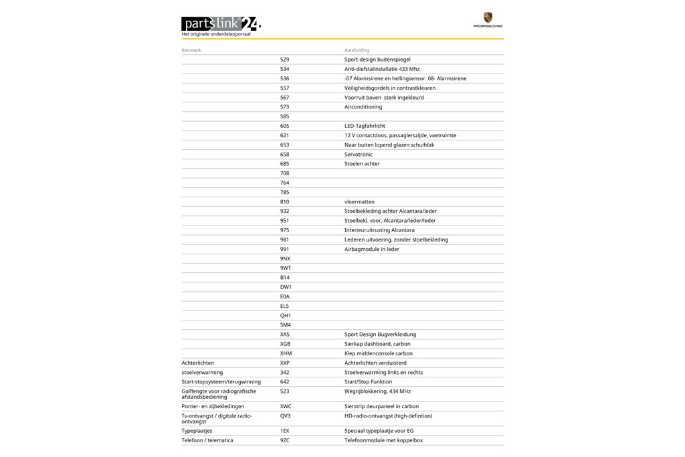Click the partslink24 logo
(221, 24)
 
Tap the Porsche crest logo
(488, 18)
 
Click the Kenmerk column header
(191, 50)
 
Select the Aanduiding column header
(357, 50)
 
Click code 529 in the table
(284, 60)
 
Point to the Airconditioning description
(363, 107)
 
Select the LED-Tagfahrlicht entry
(365, 126)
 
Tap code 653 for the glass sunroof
(284, 145)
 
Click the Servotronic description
(359, 155)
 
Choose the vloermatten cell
(359, 202)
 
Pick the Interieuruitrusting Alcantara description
(379, 230)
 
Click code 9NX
(285, 259)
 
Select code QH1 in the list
(285, 316)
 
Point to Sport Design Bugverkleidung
(380, 335)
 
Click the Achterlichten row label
(198, 363)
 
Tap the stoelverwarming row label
(202, 373)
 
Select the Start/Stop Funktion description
(368, 382)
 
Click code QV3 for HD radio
(285, 416)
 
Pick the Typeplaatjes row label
(197, 431)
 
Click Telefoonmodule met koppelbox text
(383, 440)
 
